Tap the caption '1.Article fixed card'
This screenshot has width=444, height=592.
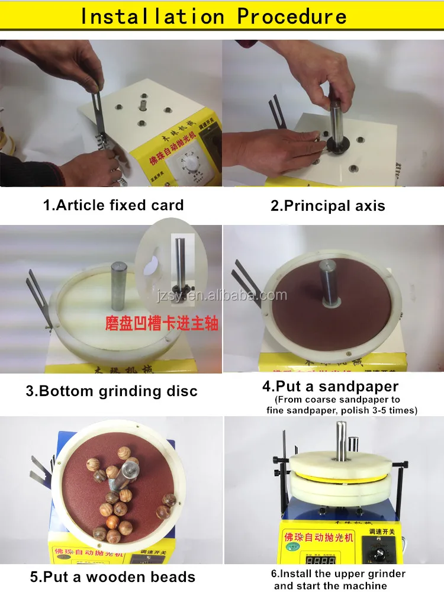(114, 205)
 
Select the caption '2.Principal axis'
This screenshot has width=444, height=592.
(327, 206)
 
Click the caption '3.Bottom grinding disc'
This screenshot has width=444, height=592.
(111, 391)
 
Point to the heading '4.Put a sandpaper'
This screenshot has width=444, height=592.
(330, 387)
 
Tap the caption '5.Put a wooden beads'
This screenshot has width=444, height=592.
(112, 576)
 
